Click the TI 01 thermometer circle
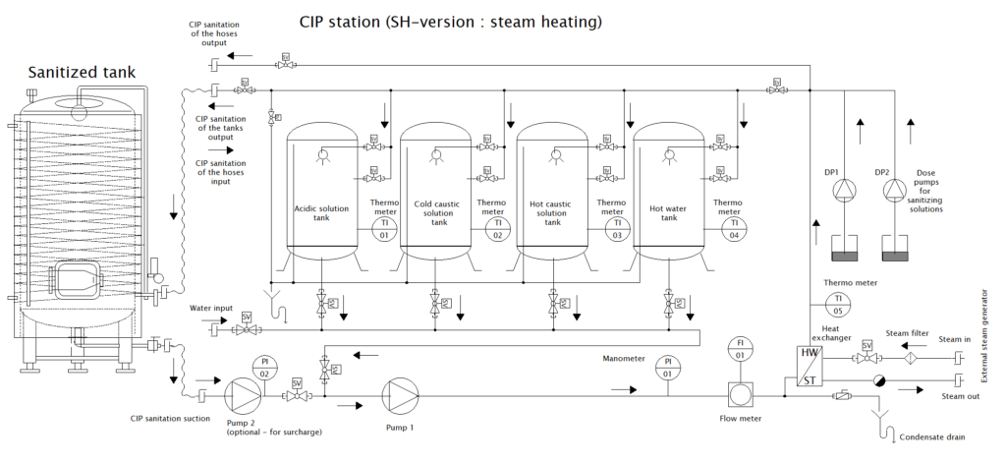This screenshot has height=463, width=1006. pyautogui.click(x=383, y=230)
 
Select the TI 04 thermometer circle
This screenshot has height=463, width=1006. pyautogui.click(x=728, y=230)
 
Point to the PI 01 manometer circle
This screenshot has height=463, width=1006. pyautogui.click(x=668, y=367)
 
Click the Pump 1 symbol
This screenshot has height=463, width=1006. pyautogui.click(x=398, y=396)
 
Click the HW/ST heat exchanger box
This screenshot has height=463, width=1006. pyautogui.click(x=810, y=367)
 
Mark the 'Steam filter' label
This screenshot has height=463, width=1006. pyautogui.click(x=907, y=333)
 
